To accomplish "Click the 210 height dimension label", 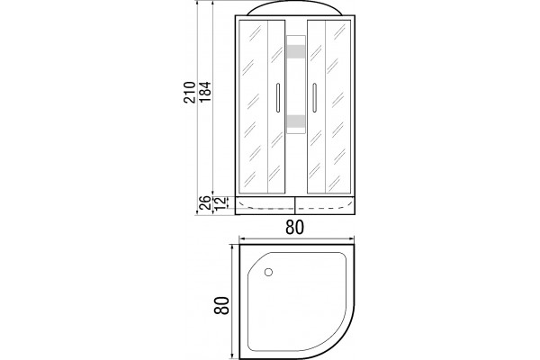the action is point(189,93).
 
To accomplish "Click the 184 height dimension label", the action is point(204,92).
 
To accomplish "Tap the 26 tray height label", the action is point(205,202).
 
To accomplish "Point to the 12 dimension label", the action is point(220,202).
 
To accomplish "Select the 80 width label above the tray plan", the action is point(295,228).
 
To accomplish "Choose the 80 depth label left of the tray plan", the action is point(221,305).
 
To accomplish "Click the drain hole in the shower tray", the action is point(268,272).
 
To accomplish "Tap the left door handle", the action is point(278,97).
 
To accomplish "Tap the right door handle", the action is point(314,97).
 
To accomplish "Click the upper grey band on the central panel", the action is point(296,51).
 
